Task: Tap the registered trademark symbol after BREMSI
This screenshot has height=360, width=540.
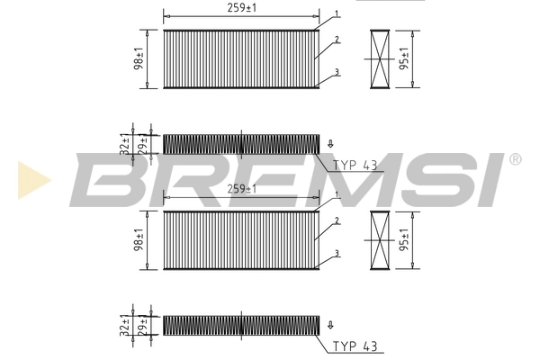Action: coord(515,160)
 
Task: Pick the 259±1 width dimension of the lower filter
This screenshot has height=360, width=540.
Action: coord(241,189)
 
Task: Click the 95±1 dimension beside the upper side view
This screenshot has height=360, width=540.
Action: coord(405,59)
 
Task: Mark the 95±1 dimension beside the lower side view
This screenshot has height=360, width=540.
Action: coord(405,240)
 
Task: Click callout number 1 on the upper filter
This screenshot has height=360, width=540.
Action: coord(335,14)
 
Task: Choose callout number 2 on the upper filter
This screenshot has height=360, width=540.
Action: coord(335,40)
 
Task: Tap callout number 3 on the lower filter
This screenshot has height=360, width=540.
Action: coord(336,253)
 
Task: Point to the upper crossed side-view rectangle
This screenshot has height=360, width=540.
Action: coord(380,58)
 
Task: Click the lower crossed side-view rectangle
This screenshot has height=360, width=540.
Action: coord(380,240)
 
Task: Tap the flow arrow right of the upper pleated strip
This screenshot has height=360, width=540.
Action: coord(331,143)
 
